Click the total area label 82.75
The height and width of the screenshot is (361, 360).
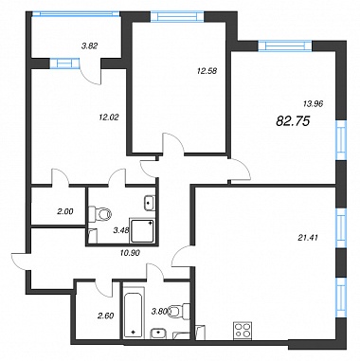click(293, 121)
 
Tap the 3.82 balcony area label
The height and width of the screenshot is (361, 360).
click(90, 45)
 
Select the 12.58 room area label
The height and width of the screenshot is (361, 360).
click(207, 71)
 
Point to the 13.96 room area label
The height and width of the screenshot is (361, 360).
click(313, 103)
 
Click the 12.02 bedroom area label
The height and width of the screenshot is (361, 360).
click(108, 117)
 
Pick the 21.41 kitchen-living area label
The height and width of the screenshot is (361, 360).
click(307, 237)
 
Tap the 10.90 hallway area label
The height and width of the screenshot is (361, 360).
click(130, 252)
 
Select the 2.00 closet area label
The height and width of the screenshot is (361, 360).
click(65, 212)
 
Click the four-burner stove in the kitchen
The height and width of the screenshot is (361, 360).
click(243, 331)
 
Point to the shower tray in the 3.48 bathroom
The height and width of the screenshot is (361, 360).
click(142, 231)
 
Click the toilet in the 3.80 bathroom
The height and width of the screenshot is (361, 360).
click(179, 311)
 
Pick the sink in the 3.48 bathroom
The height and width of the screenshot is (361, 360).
click(149, 203)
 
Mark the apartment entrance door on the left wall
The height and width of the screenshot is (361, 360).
click(20, 262)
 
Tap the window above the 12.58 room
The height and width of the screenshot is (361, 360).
click(177, 16)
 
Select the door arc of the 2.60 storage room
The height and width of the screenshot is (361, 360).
click(103, 289)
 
